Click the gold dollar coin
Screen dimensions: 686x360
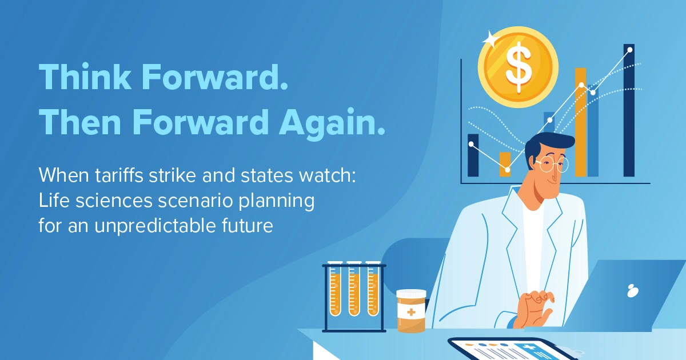(x=518, y=67)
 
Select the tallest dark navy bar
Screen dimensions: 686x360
(x=629, y=110)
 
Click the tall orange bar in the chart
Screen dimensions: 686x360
(x=581, y=122)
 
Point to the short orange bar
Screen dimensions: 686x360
(x=505, y=165)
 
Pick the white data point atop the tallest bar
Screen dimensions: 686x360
(x=630, y=50)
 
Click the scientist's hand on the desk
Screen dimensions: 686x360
(x=535, y=309)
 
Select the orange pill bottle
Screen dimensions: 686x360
(x=411, y=311)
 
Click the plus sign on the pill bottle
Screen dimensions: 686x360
(x=411, y=313)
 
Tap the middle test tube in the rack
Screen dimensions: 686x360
(x=354, y=289)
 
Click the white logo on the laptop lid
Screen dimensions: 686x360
(x=633, y=290)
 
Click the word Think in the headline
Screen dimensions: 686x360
(x=85, y=77)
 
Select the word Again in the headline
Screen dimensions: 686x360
(x=332, y=122)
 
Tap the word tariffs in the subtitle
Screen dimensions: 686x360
(x=119, y=175)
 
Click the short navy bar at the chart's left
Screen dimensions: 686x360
(x=473, y=155)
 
